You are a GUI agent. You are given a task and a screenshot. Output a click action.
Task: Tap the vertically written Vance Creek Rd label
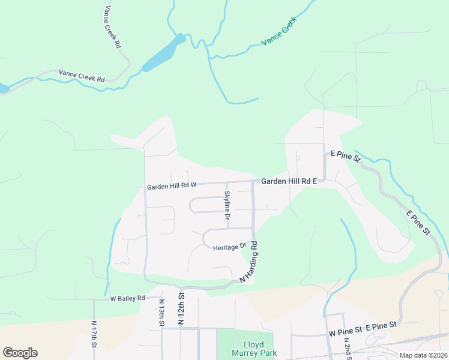(112, 27)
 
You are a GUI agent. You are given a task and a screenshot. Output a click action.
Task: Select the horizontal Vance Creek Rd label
(82, 76)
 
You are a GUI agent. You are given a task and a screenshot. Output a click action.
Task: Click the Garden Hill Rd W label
(172, 187)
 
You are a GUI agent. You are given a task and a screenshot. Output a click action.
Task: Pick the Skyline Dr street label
(228, 205)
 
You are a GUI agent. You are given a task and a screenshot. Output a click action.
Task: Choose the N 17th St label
(94, 336)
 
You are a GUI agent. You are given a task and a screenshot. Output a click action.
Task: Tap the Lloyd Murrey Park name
(253, 349)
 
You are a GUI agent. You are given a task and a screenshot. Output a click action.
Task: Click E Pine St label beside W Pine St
(382, 325)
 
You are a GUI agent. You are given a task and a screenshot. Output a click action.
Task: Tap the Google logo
(20, 353)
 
